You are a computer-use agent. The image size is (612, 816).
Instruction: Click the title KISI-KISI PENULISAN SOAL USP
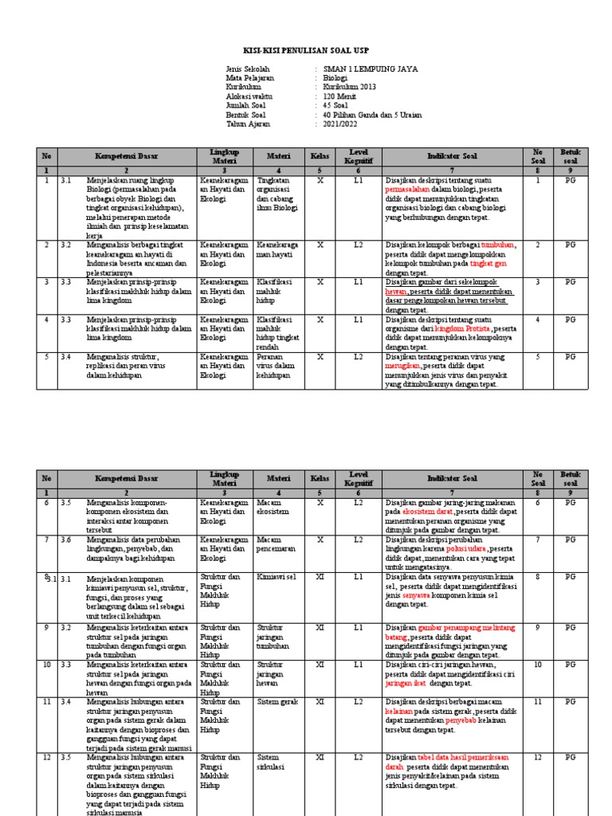pos(305,49)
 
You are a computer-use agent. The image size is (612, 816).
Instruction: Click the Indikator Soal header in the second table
pos(452,479)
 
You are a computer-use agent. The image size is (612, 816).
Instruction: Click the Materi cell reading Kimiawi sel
pos(277,575)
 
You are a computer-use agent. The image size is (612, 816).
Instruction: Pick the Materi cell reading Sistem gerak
pos(275,702)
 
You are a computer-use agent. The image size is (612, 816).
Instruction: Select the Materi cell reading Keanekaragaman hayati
pos(278,249)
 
